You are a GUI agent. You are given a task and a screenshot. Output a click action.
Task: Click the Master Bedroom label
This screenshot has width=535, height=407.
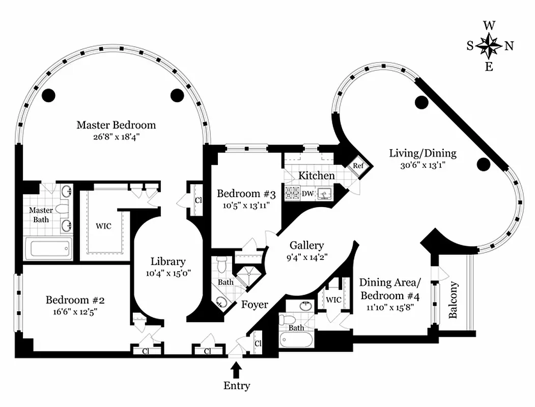116,125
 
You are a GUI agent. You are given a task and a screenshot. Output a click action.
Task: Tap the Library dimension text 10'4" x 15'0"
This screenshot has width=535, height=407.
167,273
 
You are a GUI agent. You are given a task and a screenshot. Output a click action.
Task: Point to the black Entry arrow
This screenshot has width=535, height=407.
236,367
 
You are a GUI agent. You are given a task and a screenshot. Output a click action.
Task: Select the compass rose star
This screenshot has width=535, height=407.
489,45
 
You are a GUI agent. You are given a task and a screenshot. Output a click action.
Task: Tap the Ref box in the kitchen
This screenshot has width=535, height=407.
358,166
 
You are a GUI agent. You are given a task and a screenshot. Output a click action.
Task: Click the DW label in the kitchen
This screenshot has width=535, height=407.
307,193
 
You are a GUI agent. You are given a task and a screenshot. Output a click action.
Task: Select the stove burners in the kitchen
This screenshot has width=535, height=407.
292,193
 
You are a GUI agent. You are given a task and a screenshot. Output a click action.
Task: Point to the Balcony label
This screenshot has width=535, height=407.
454,300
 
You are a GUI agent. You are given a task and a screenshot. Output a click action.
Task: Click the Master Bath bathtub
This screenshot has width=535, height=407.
49,249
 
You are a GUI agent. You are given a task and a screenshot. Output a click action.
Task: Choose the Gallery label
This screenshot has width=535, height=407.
306,245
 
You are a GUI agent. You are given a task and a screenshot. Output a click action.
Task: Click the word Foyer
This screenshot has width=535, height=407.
255,304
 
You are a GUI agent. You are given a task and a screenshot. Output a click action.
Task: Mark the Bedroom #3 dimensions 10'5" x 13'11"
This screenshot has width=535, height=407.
246,206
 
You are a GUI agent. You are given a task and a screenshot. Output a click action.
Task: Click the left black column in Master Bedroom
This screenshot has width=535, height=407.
48,94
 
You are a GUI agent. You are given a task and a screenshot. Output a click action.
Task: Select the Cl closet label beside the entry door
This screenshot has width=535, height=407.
258,343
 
